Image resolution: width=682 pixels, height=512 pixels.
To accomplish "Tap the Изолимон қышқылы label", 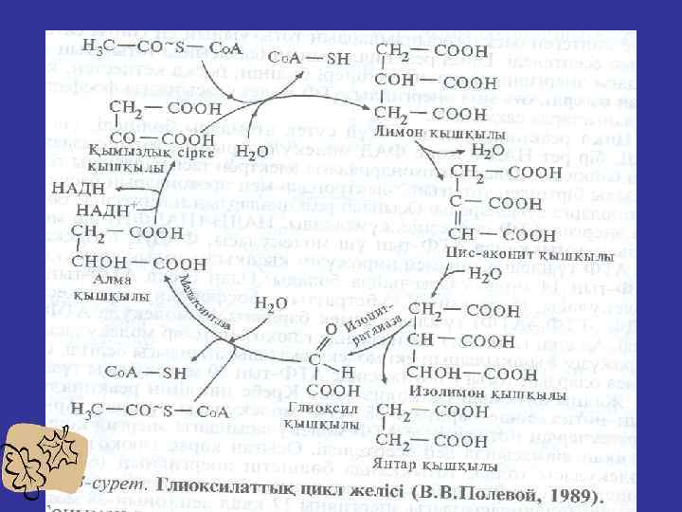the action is coord(487,393).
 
